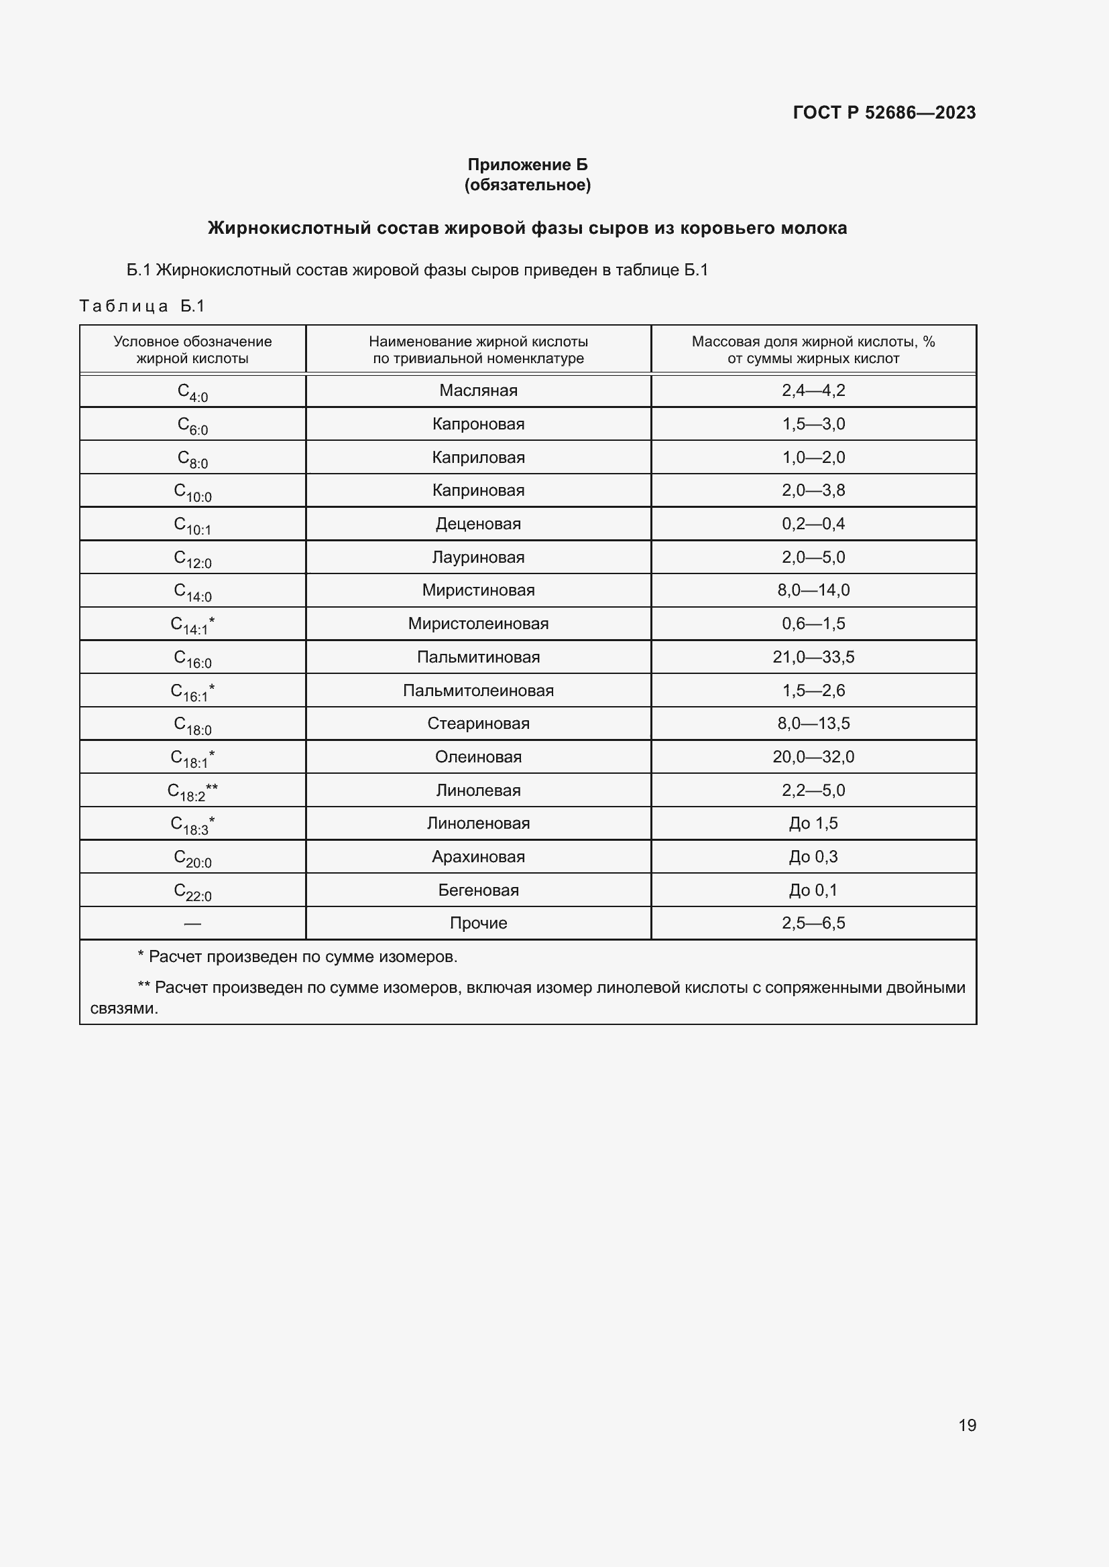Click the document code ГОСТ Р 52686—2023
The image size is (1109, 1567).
coord(884,113)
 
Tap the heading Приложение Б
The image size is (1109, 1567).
coord(527,165)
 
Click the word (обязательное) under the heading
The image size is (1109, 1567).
coord(527,185)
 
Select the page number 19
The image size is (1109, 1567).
coord(967,1425)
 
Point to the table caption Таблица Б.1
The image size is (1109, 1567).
coord(142,305)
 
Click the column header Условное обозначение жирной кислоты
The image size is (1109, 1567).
coord(192,350)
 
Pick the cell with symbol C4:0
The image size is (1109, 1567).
coord(192,392)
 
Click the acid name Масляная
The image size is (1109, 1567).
coord(478,391)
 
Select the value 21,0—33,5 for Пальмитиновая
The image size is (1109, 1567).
coord(813,657)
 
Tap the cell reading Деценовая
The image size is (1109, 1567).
coord(478,524)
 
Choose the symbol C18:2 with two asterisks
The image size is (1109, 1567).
coord(192,792)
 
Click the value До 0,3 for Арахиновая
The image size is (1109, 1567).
coord(813,857)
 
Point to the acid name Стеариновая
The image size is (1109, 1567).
coord(478,724)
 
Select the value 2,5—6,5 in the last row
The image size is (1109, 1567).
coord(813,923)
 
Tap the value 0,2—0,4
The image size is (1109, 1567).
coord(813,524)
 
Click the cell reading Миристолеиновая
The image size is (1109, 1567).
coord(478,624)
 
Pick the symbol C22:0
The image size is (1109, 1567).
coord(192,891)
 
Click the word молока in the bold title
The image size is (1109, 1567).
coord(813,228)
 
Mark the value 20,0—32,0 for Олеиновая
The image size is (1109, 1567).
coord(813,757)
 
